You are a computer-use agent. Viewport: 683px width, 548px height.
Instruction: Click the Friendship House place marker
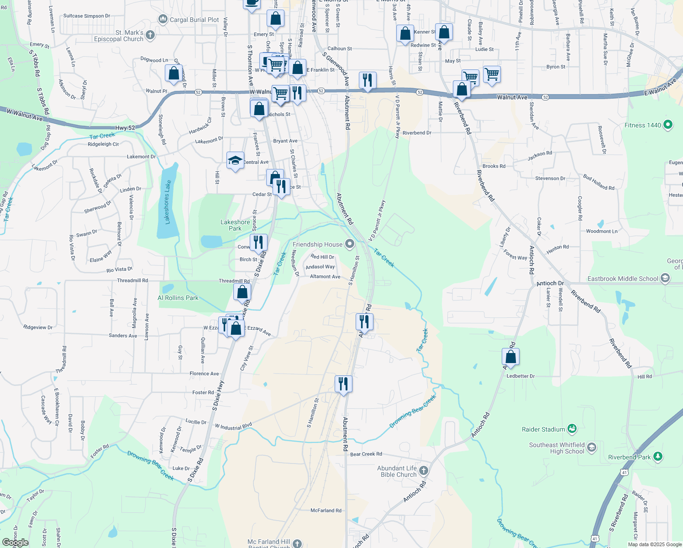click(x=350, y=244)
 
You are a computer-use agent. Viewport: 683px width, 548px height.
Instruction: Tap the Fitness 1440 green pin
click(x=668, y=124)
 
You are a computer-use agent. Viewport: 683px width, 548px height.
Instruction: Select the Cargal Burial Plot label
click(x=194, y=20)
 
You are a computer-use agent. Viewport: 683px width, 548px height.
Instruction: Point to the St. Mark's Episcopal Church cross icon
click(x=150, y=35)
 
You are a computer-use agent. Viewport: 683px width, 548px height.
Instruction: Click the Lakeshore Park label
click(x=235, y=225)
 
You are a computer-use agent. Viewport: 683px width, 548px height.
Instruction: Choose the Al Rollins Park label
click(x=178, y=298)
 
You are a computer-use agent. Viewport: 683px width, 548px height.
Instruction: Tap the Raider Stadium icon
click(x=572, y=429)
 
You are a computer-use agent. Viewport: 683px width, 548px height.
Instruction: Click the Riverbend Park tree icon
click(x=657, y=456)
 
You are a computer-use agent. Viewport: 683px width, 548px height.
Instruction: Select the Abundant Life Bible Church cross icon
click(x=424, y=471)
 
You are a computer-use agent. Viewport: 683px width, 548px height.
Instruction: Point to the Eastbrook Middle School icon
click(x=665, y=279)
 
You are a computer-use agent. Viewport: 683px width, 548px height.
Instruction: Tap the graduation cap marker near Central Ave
click(x=235, y=160)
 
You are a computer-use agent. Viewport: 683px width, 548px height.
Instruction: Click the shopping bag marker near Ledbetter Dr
click(x=510, y=356)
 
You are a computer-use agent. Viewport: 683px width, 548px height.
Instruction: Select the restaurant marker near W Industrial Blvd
click(x=343, y=384)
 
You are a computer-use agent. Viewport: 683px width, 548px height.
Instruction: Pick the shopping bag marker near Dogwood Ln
click(x=173, y=73)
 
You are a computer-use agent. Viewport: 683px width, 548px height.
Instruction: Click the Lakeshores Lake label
click(x=168, y=202)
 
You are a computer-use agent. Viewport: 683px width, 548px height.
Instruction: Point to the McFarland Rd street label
click(x=326, y=511)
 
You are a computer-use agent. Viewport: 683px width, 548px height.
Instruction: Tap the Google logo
click(x=16, y=543)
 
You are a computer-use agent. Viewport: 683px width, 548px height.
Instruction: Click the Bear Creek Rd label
click(x=366, y=454)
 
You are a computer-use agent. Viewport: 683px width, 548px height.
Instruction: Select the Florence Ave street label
click(x=204, y=374)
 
